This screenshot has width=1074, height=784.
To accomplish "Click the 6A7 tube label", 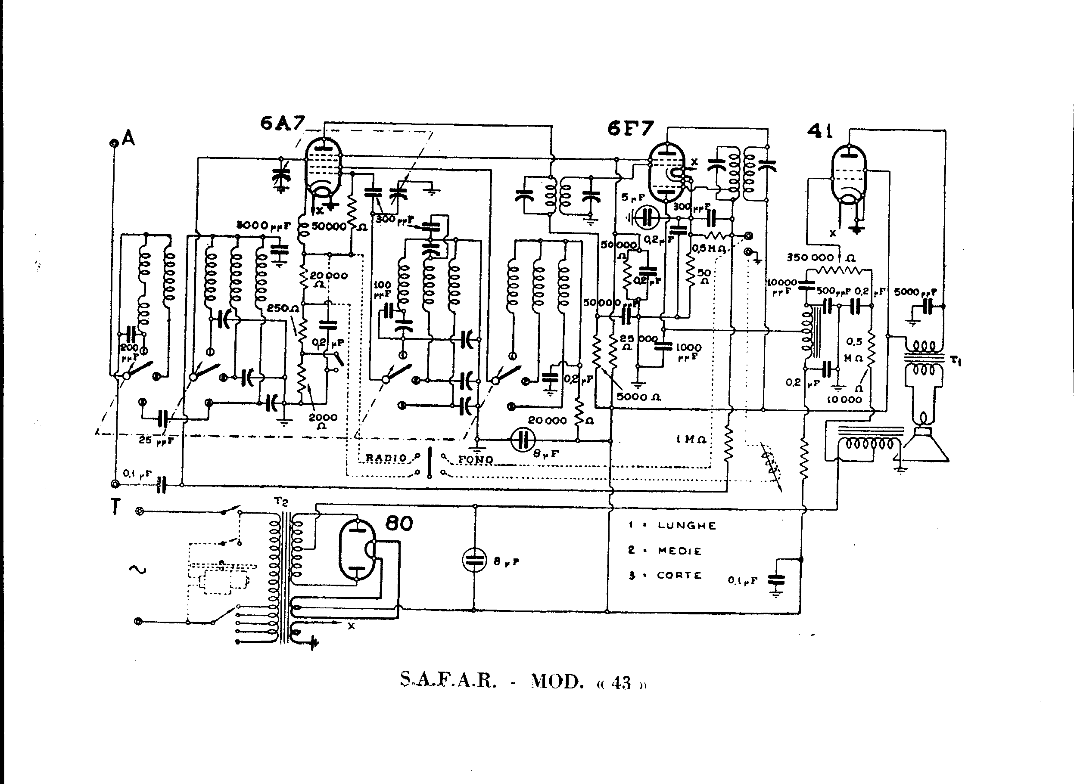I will click(x=282, y=124).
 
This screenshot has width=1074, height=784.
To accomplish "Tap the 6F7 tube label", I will click(x=630, y=128).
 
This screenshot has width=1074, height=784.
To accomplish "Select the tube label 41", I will click(x=820, y=131).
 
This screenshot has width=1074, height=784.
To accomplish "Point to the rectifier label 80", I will click(x=399, y=524).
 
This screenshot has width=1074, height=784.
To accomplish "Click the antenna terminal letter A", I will click(x=128, y=139).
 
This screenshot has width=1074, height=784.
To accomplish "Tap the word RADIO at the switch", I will click(x=386, y=458).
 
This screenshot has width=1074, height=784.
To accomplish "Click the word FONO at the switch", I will click(x=475, y=459).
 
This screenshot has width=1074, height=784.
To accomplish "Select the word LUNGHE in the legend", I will click(x=687, y=525).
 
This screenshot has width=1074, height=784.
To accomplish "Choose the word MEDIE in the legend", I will click(x=679, y=551).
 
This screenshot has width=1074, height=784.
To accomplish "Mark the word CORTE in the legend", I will click(x=679, y=575).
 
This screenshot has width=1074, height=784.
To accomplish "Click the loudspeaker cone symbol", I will click(x=925, y=444).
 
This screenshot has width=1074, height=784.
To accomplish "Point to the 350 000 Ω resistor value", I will click(x=817, y=258).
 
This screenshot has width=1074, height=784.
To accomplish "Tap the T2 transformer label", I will click(x=281, y=502).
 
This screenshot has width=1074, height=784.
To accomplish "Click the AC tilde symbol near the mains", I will click(x=137, y=569).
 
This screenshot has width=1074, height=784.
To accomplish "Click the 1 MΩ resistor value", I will click(x=691, y=440).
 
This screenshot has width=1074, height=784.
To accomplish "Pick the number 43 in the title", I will click(x=621, y=683).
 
